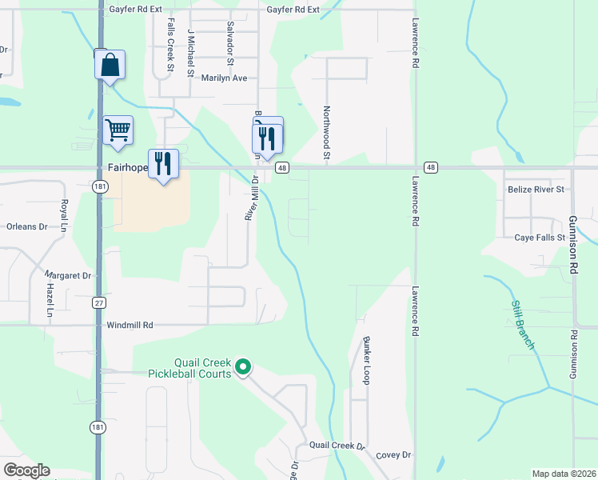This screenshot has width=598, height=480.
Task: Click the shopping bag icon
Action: click(110, 65)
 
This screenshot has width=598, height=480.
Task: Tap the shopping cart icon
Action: click(118, 129)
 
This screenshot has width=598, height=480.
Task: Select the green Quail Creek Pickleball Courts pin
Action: click(243, 367)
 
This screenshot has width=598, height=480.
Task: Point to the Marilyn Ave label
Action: click(224, 78)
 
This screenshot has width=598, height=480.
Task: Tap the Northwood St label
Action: click(327, 133)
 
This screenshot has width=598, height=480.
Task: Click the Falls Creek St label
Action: click(170, 46)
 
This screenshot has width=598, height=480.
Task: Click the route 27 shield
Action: click(98, 303)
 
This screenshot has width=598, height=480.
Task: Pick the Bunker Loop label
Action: click(366, 361)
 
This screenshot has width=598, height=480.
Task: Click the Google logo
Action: click(26, 470)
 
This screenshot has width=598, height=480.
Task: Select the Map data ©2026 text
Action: click(564, 474)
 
